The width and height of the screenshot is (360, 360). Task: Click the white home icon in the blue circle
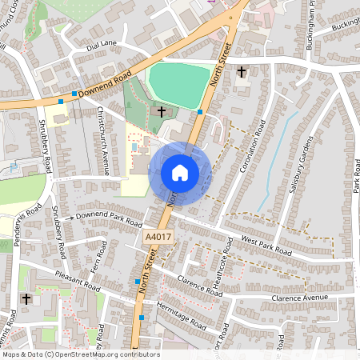(180, 172)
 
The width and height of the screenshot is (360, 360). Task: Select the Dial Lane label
(102, 45)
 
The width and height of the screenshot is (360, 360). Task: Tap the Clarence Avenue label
(300, 298)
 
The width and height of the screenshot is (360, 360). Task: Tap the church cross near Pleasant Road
(27, 298)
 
